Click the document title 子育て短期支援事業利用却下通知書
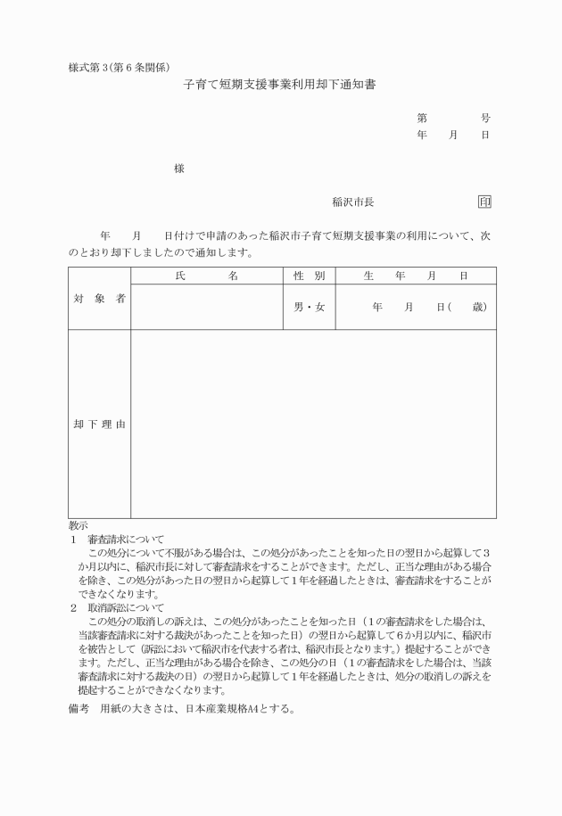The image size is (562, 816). tap(281, 87)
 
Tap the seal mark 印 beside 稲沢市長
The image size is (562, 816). tap(484, 202)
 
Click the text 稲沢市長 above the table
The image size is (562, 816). tap(353, 202)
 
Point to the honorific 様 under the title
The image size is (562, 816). tap(179, 169)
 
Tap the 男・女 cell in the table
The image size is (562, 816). tap(309, 308)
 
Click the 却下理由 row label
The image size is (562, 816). tap(99, 424)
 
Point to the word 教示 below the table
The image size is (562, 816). tap(79, 526)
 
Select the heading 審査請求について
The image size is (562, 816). tap(126, 540)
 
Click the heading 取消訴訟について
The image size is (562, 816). tap(126, 607)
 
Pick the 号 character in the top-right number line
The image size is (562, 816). tap(485, 118)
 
